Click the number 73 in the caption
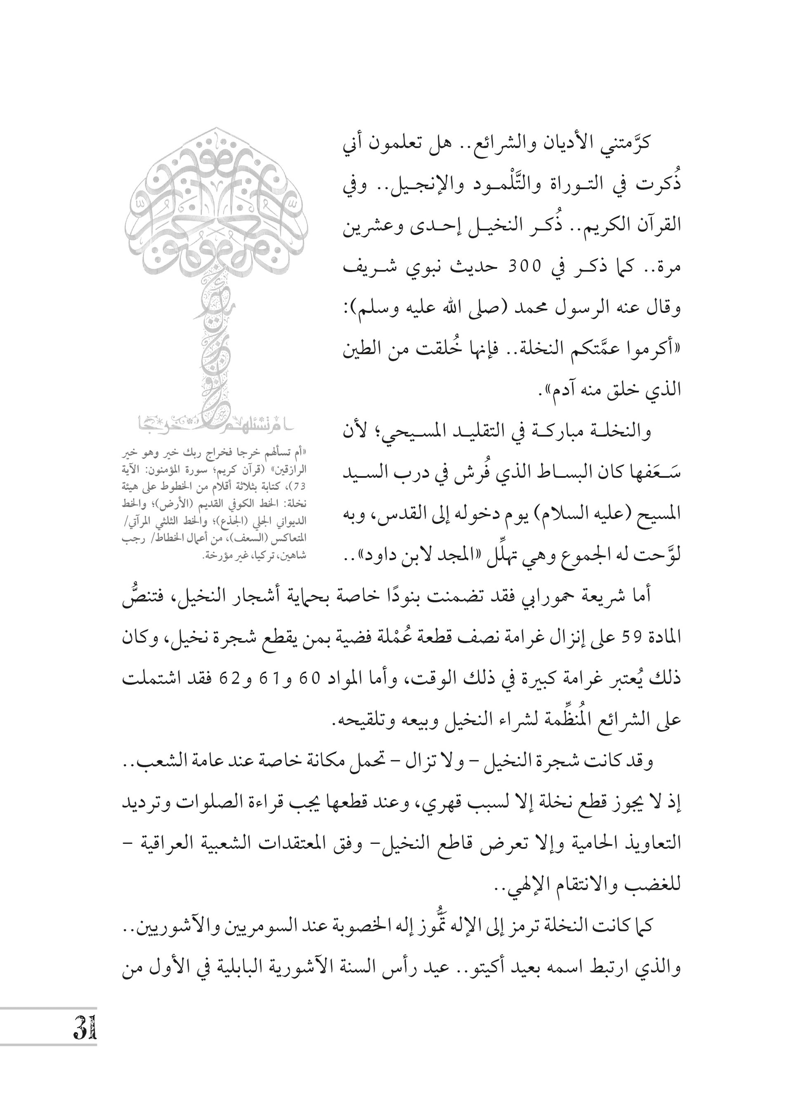(x=300, y=486)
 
